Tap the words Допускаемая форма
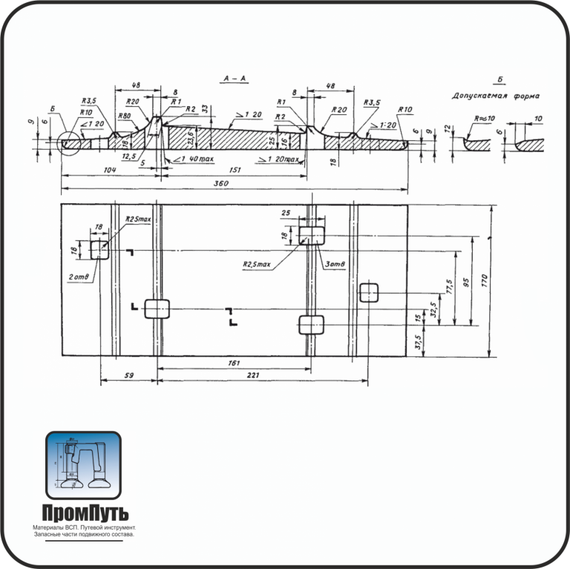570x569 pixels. pos(496,96)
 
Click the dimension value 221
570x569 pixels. pos(252,376)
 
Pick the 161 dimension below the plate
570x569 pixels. pos(233,364)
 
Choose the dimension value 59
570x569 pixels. pos(128,376)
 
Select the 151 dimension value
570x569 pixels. pos(234,171)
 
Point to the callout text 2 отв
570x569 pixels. pos(79,277)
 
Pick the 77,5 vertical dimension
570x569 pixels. pos(448,288)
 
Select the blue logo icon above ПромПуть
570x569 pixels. pos(82,465)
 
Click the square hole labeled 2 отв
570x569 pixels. pos(99,250)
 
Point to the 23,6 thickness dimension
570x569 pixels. pos(190,137)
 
